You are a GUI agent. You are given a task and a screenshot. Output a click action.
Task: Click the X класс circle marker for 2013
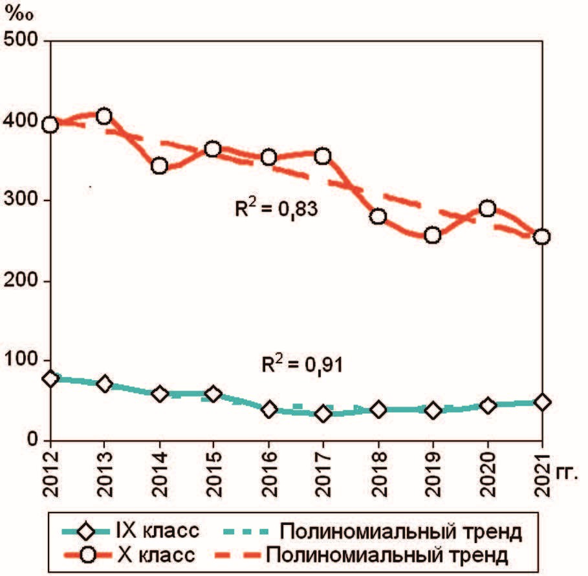(104, 116)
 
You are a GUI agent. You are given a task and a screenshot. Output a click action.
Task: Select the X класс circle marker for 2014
(159, 166)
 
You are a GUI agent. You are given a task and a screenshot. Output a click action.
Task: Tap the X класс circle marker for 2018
(378, 217)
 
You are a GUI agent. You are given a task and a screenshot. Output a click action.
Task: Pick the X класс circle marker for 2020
(488, 208)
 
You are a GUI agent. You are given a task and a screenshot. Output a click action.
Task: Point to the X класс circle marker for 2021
(542, 237)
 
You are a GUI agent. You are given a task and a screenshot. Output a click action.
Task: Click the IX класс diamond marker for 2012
(50, 379)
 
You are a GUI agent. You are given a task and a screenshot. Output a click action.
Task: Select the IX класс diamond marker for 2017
(323, 414)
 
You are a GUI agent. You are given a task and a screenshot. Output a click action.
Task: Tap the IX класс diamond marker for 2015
(214, 394)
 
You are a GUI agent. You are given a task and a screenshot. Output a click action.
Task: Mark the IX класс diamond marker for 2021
(542, 402)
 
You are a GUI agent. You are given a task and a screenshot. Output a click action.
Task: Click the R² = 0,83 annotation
(278, 210)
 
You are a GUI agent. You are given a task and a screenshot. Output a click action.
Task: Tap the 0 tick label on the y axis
(30, 440)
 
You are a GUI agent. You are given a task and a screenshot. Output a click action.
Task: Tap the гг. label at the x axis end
(566, 473)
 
